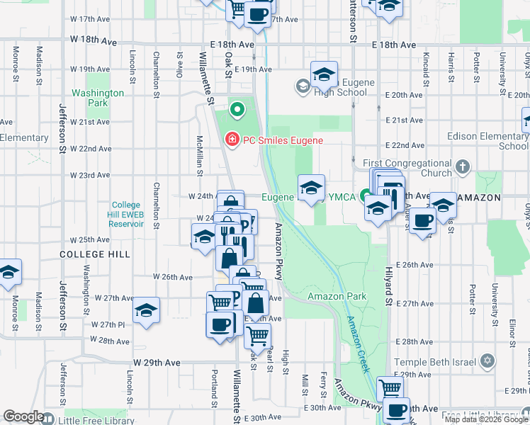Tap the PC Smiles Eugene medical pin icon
(x=231, y=140)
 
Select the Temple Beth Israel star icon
(x=486, y=362)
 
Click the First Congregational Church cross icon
(x=462, y=167)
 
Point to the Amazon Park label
(x=337, y=295)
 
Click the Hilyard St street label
(x=388, y=280)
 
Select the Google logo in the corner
(x=23, y=416)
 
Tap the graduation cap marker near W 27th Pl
(x=146, y=310)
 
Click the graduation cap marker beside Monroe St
(x=9, y=272)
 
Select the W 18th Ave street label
(x=92, y=42)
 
